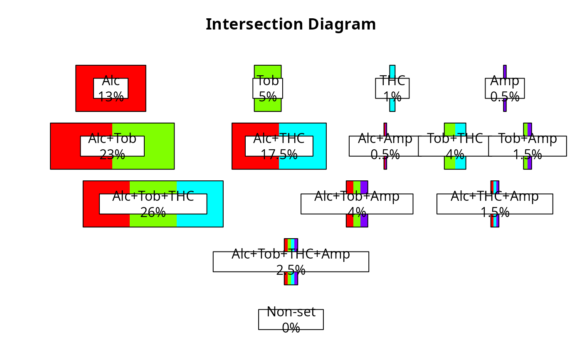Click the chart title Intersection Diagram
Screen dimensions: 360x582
tap(291, 25)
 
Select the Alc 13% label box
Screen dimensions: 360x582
tap(111, 88)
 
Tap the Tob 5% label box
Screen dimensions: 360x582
tap(268, 88)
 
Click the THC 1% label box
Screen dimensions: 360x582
tap(392, 88)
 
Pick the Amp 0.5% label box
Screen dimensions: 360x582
tap(505, 88)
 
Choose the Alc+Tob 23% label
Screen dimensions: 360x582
tap(112, 146)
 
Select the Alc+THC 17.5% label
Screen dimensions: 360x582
tap(279, 146)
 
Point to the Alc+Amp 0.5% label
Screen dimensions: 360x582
tap(385, 146)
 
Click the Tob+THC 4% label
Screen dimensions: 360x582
tap(455, 146)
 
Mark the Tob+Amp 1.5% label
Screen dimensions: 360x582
tap(528, 146)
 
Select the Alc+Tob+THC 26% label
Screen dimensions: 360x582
tap(153, 204)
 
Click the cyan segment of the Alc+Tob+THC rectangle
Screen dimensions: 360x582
tap(215, 204)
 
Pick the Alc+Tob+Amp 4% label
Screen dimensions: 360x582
tap(357, 204)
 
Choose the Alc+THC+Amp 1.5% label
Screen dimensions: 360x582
tap(495, 204)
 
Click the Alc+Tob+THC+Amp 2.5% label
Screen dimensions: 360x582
tap(291, 261)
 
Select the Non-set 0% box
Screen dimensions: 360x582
tap(291, 319)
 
